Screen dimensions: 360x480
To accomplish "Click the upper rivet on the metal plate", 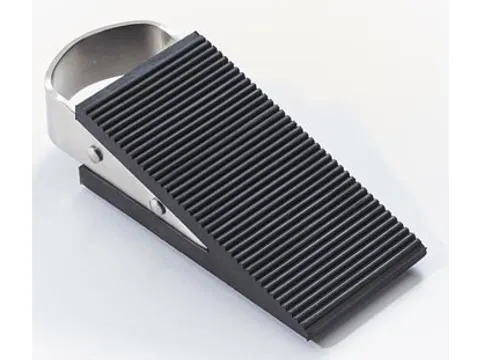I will [95, 153].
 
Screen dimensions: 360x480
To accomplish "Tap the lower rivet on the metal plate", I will [157, 205].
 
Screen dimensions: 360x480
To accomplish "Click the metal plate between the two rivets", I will [125, 180].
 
